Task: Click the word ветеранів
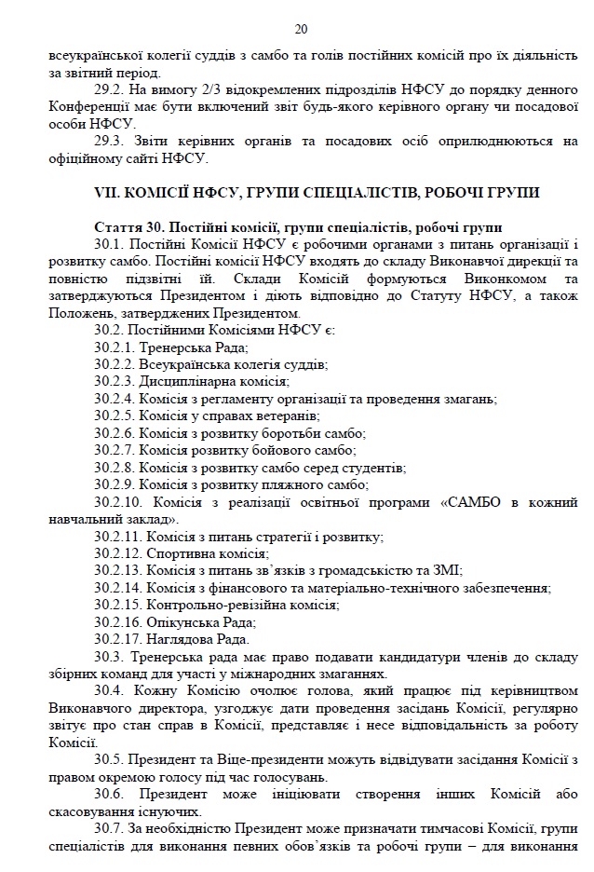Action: coord(288,416)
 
